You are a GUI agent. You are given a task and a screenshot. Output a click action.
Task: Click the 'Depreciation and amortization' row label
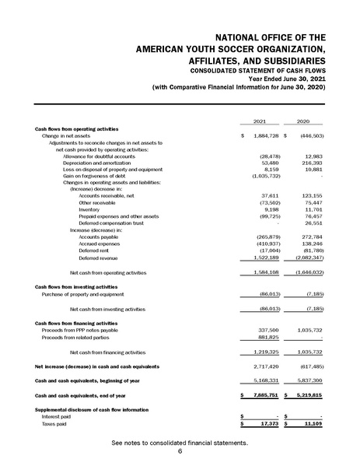(x=97, y=163)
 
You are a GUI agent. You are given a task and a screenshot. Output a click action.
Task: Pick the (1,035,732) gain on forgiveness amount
(x=264, y=177)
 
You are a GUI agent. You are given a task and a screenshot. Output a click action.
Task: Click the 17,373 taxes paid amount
(x=268, y=423)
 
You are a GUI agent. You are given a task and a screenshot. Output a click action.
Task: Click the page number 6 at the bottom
(x=180, y=450)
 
